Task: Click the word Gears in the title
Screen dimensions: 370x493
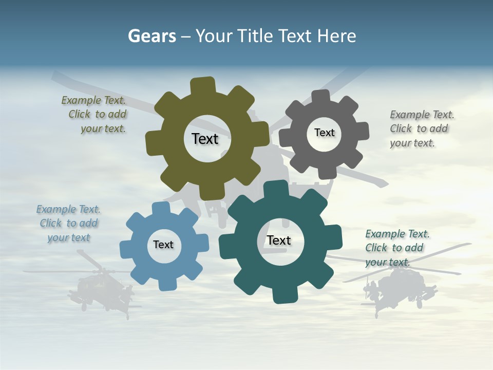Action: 151,36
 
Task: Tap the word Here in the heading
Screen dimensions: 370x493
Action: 336,36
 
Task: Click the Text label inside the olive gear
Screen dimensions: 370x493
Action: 205,139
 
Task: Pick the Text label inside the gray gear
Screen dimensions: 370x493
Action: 324,133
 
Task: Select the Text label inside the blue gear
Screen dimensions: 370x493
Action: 163,245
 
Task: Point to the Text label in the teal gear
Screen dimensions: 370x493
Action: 279,240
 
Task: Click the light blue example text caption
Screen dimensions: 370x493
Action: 69,223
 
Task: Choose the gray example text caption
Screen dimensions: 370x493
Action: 421,128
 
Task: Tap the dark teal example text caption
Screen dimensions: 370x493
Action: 396,248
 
